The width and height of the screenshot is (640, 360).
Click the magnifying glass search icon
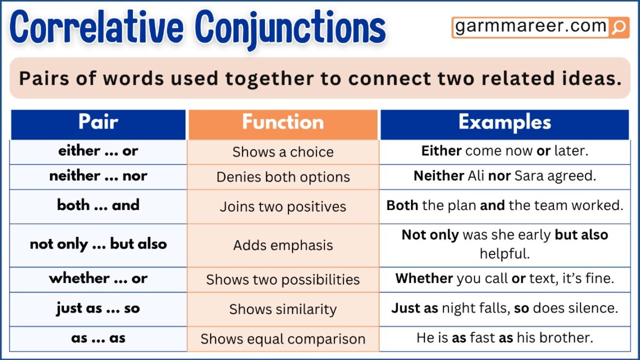pos(618,28)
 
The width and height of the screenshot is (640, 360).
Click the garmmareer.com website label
pos(531,27)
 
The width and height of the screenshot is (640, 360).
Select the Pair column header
pos(98,123)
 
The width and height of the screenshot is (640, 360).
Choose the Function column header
pos(283,123)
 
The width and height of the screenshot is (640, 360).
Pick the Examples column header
pos(505,123)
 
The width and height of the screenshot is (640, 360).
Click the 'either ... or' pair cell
pos(98,151)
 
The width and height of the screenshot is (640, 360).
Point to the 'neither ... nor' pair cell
pos(98,176)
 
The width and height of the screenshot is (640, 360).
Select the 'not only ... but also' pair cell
pos(98,244)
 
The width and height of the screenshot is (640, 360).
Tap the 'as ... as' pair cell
pos(98,338)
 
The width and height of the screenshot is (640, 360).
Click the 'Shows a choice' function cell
pos(283,152)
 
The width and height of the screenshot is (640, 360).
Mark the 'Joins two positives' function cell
pos(283,206)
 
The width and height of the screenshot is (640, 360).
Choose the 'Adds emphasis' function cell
pos(283,245)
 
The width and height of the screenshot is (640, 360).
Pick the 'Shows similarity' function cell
pos(283,309)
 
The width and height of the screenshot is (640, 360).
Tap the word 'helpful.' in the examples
pos(505,253)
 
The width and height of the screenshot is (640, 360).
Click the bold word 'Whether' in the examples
pos(424,279)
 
